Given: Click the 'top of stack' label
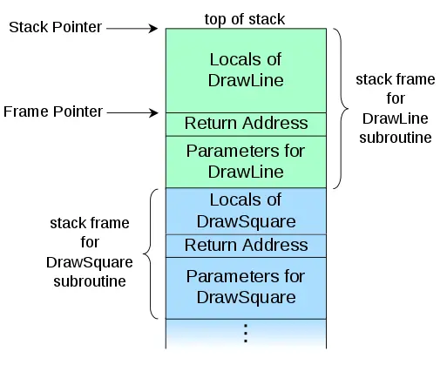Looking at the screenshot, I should tap(245, 18).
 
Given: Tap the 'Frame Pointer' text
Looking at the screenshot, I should tap(53, 112).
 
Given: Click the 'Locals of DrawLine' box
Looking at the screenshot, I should tap(246, 70).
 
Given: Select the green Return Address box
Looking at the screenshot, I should tap(246, 124).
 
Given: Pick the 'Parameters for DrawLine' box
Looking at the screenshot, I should tap(246, 160).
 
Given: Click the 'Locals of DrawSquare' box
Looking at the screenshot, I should tap(246, 210).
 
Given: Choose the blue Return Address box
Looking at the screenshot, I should tap(246, 246).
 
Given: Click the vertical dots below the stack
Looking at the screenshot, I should tap(246, 333).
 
